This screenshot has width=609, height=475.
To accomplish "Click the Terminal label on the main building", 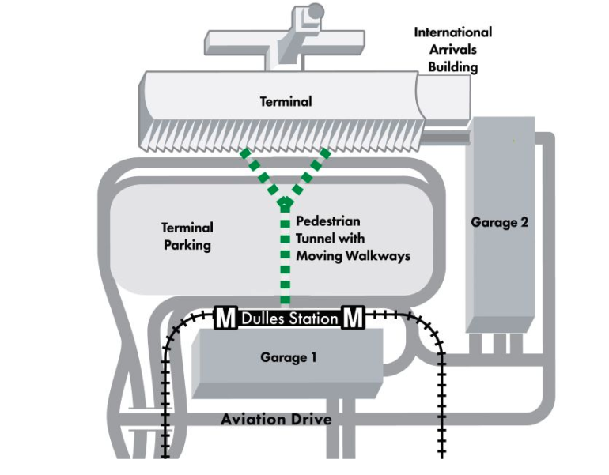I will point(286,101).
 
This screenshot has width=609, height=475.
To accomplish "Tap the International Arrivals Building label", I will point(452,49).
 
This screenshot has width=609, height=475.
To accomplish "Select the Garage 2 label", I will point(499,222).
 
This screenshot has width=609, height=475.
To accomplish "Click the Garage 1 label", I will point(289,357).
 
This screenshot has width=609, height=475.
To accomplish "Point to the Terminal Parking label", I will point(187,236).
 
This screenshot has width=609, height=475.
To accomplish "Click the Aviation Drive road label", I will point(276,419).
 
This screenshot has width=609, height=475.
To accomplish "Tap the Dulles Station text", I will point(289,319).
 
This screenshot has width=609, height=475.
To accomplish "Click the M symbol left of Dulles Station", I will point(225,319).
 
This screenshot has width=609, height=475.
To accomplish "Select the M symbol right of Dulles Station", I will point(352,319).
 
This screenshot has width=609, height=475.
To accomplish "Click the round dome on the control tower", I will point(315,11).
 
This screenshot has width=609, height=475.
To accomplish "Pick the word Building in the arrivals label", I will point(453,66).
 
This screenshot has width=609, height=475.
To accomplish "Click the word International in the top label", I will point(452,32).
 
